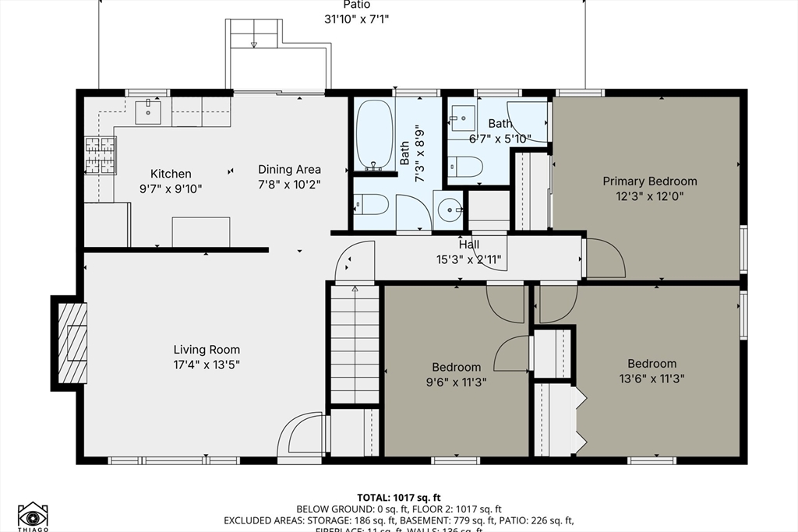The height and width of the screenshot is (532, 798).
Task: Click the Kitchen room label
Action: [171, 174]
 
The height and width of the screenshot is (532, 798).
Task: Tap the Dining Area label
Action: [289, 169]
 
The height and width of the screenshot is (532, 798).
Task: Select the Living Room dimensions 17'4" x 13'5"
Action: [207, 364]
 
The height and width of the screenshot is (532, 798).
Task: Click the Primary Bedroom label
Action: [650, 181]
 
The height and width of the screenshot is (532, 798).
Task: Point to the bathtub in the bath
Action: [374, 133]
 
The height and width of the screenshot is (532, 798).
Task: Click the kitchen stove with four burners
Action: [100, 154]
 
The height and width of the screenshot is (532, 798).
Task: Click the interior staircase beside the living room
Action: [355, 344]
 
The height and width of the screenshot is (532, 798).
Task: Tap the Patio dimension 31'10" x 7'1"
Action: [356, 19]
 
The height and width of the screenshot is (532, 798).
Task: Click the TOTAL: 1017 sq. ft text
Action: [399, 497]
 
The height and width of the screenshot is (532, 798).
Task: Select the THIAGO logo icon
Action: [33, 515]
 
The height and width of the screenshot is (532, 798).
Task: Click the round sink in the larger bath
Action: [449, 210]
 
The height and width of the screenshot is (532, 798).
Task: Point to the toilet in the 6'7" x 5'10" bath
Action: [466, 166]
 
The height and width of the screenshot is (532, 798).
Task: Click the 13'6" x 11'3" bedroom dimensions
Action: [651, 379]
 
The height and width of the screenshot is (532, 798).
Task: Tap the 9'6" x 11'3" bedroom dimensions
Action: [457, 382]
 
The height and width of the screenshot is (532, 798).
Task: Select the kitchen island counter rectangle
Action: [201, 231]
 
